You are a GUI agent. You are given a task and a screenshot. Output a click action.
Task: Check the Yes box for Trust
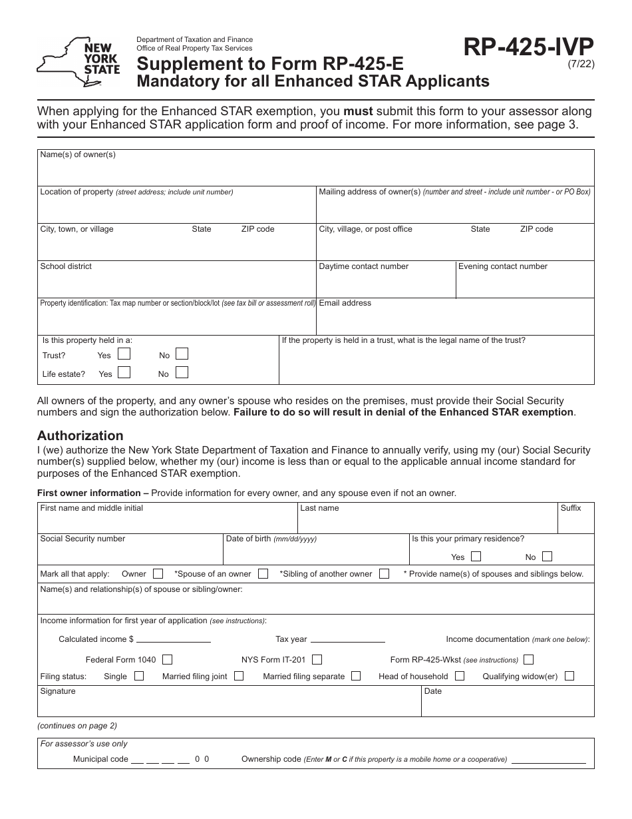click(x=124, y=354)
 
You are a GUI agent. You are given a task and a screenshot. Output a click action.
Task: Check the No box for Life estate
click(x=182, y=373)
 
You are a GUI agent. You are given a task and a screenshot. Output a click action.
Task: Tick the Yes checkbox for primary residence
click(x=475, y=557)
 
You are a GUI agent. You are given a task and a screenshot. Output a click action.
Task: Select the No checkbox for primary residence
click(x=546, y=557)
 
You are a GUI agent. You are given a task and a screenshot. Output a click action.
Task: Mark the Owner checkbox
click(x=158, y=573)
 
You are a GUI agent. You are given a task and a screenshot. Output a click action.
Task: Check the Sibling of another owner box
click(x=384, y=573)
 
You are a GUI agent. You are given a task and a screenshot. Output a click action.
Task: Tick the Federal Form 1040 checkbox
click(x=167, y=659)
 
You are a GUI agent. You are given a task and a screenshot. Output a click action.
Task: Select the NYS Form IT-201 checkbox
click(x=317, y=659)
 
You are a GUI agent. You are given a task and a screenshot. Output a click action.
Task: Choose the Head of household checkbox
click(x=460, y=676)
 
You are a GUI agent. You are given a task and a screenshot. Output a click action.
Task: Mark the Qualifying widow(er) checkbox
click(x=569, y=676)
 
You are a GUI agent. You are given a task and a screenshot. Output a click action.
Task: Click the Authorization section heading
click(x=80, y=435)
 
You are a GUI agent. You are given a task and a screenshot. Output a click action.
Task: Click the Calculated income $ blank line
click(x=174, y=641)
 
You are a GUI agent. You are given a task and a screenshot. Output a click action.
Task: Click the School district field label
click(x=66, y=266)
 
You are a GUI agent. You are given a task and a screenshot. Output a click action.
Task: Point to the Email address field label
click(x=345, y=303)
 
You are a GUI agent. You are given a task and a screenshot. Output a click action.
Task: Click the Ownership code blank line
click(x=549, y=761)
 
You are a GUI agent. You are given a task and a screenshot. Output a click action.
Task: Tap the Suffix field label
click(x=570, y=508)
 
